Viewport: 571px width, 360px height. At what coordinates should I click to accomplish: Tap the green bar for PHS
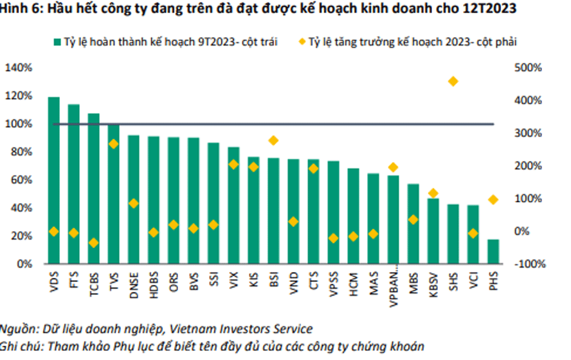click(x=493, y=252)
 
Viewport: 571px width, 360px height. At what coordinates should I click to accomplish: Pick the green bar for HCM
click(x=353, y=216)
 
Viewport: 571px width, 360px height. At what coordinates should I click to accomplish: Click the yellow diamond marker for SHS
click(x=453, y=82)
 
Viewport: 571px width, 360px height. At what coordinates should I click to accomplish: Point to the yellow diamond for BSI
click(x=274, y=140)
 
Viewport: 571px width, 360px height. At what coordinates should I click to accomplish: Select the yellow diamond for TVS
click(x=114, y=144)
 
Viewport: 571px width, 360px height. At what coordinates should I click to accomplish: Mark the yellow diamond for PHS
click(x=493, y=200)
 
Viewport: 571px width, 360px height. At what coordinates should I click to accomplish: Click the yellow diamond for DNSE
click(x=134, y=203)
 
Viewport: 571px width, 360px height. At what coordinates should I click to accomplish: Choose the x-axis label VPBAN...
click(x=393, y=288)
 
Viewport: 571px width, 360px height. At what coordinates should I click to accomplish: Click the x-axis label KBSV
click(x=433, y=284)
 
